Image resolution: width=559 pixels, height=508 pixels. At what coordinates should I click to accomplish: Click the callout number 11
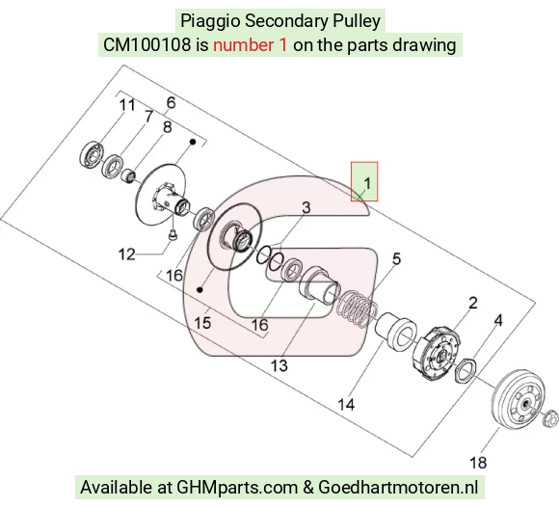pos(127,105)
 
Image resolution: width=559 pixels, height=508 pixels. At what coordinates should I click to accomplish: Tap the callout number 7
pos(148,117)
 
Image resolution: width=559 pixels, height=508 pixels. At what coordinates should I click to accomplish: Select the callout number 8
pos(167,127)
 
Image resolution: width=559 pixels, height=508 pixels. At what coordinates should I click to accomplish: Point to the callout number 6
pos(172,103)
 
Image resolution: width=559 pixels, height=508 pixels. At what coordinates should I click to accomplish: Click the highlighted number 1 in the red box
pos(367,183)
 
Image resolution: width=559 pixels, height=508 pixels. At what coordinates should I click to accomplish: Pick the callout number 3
pos(306,207)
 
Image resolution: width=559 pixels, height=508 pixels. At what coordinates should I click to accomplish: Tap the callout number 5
pos(397,258)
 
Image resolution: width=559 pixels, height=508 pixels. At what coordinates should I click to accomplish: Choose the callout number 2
pos(472,303)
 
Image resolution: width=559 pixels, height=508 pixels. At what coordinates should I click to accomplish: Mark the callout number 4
pos(498,320)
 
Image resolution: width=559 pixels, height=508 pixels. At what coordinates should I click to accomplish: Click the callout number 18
pos(478,463)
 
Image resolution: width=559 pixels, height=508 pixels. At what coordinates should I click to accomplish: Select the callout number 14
pos(346,405)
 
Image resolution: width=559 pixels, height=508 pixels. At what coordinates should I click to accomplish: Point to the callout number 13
pos(279,365)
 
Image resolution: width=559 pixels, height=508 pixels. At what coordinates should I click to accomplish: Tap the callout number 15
pos(202,323)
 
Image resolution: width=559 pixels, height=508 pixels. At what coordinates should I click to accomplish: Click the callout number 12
pos(127,254)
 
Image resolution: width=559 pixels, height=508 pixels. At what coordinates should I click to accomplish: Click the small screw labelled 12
pos(173,235)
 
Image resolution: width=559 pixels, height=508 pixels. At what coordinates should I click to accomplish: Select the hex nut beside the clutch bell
pos(550,418)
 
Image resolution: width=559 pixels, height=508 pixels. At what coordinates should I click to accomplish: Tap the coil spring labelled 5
pos(358,308)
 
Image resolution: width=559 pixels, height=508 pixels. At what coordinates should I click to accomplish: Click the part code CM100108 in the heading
pos(146,45)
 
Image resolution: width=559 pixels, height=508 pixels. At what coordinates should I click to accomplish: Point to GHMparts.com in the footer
pos(237,488)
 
